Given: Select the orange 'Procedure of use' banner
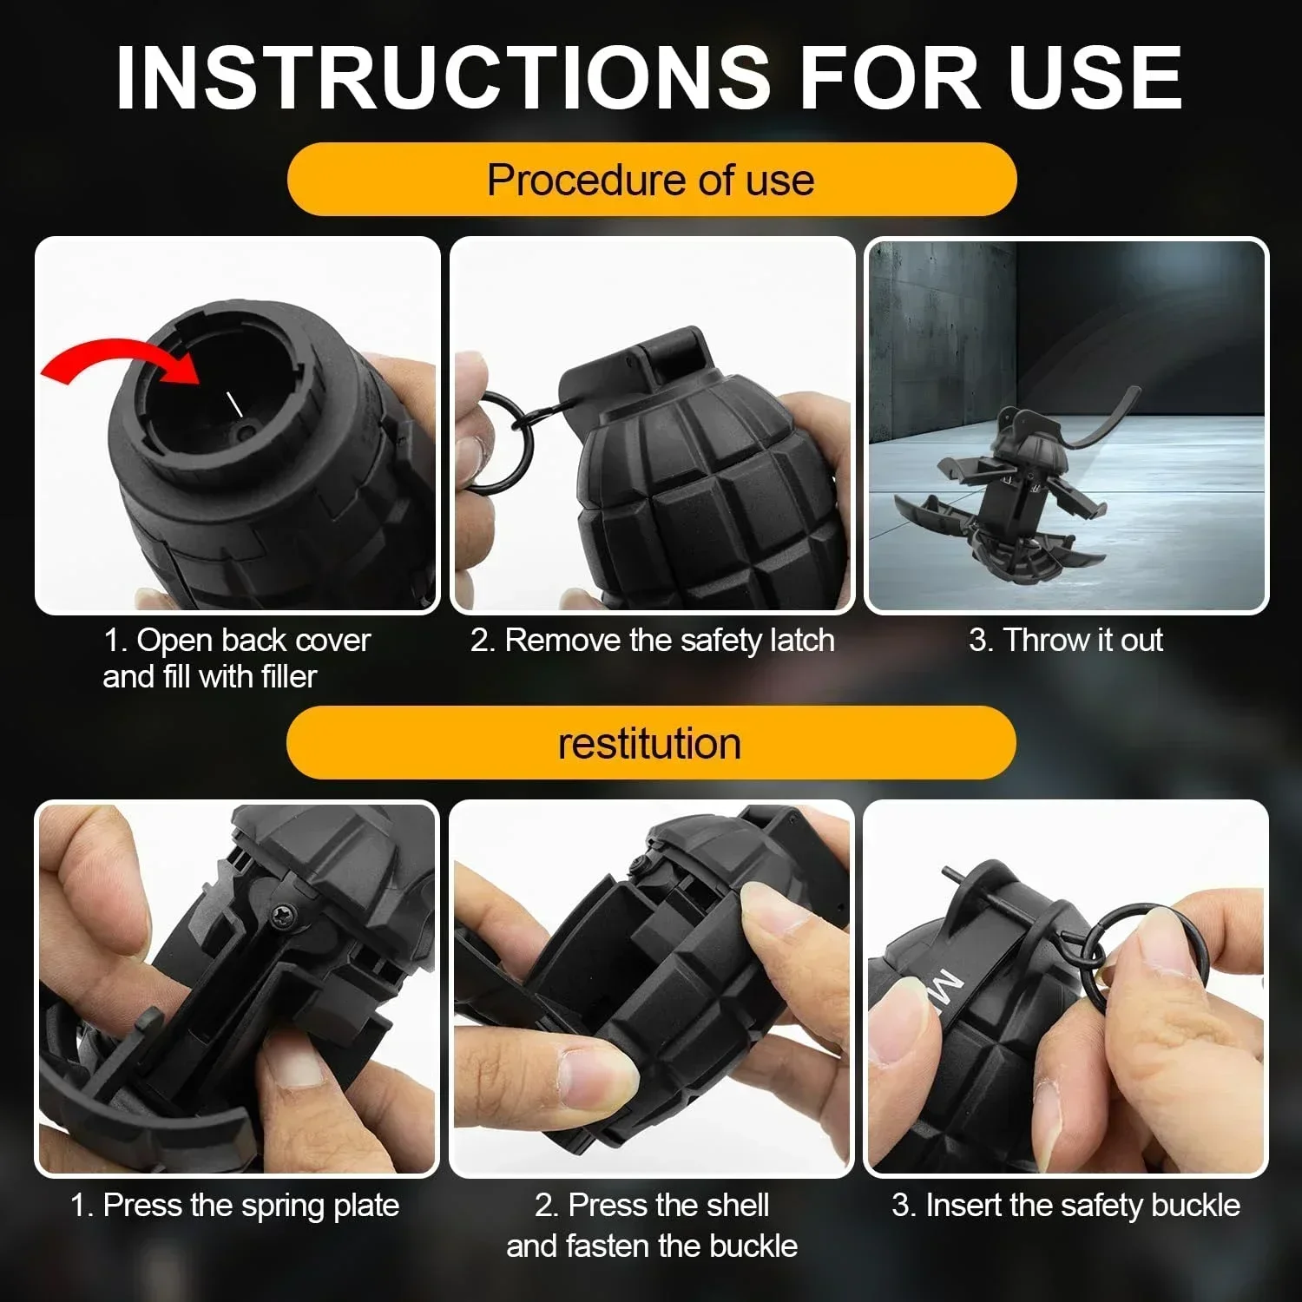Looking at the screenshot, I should coord(651,180).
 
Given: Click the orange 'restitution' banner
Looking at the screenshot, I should coord(651,744).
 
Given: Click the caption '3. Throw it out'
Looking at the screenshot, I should coord(1066,641).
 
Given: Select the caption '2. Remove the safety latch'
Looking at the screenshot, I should coord(653,641).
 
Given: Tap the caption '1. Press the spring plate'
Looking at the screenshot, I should coord(234,1206).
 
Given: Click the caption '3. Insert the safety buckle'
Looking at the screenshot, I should coord(1066,1206).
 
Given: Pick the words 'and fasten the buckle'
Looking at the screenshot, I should coord(652,1246).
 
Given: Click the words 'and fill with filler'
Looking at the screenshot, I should coord(210,677).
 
